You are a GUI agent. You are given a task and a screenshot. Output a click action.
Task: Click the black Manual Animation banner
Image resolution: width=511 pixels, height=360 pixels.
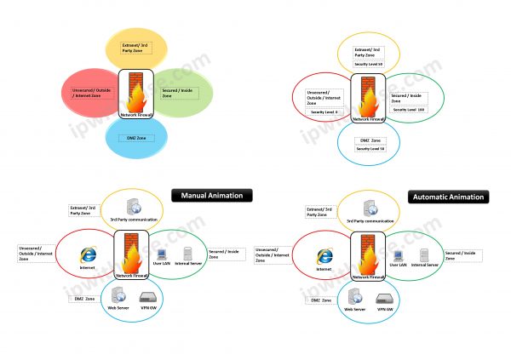(x=211, y=195)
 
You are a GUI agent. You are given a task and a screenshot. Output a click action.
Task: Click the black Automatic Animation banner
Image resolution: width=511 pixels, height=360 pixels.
(x=448, y=197)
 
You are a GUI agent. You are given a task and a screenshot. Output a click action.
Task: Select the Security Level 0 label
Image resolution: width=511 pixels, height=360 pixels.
(x=324, y=111)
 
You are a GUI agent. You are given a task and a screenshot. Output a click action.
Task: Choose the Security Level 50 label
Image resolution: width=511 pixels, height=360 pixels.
(x=370, y=63)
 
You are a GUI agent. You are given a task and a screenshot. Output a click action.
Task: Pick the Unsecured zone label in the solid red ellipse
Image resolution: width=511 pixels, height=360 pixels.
(x=91, y=92)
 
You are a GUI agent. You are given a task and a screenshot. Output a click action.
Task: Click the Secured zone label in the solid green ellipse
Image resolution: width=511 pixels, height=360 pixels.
(x=179, y=94)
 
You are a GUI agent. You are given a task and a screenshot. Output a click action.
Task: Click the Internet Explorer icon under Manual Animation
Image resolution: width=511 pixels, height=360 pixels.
(x=86, y=254)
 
